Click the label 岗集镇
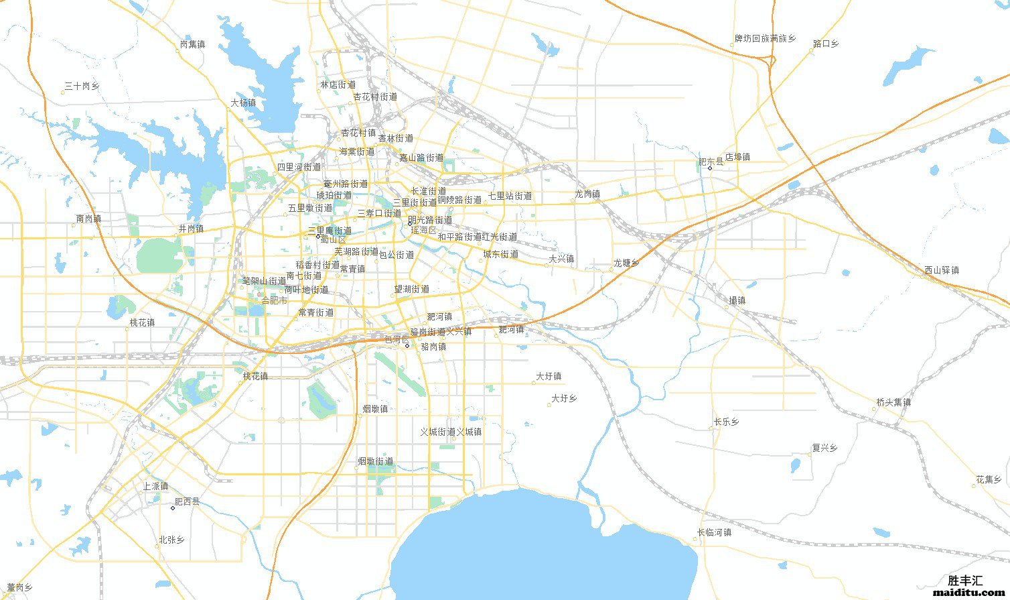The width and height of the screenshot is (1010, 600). (x=192, y=44)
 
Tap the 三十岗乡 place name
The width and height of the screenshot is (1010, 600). (x=82, y=86)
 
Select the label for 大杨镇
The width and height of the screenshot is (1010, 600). (x=243, y=103)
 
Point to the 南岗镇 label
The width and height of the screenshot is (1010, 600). (x=88, y=219)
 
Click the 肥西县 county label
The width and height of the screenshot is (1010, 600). (x=187, y=501)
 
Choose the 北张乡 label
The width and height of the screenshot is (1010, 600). (x=171, y=540)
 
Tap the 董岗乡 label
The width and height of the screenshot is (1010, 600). (x=20, y=587)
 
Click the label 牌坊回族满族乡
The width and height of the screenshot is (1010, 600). (x=765, y=39)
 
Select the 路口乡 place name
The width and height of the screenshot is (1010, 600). (x=826, y=44)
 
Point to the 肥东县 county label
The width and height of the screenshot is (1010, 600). (x=711, y=162)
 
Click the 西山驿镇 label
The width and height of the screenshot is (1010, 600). (x=942, y=270)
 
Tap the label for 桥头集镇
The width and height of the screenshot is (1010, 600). (x=893, y=402)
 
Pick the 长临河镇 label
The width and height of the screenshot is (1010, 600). (x=714, y=532)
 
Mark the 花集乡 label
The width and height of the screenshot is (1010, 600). (x=989, y=479)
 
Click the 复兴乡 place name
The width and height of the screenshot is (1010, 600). (x=824, y=448)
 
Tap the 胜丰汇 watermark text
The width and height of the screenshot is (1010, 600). (x=965, y=581)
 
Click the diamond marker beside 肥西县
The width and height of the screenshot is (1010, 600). (x=173, y=508)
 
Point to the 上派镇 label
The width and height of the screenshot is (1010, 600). (x=155, y=486)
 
